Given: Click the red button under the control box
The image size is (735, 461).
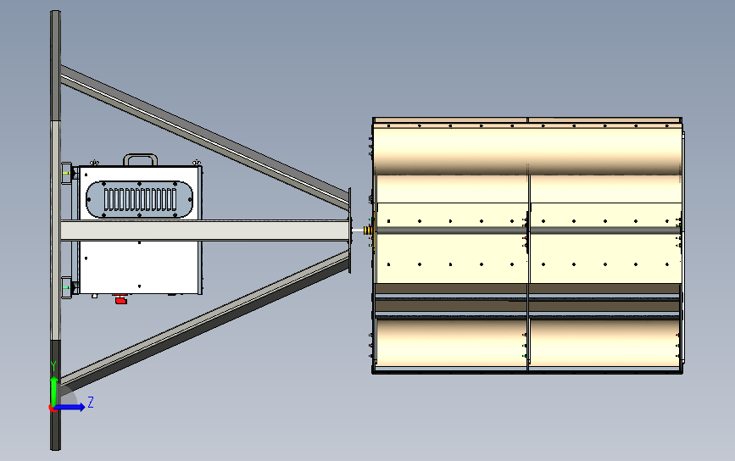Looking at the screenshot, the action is (120, 299).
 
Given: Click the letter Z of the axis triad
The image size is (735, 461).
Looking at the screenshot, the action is (91, 403).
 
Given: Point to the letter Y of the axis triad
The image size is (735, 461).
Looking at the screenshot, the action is (53, 365).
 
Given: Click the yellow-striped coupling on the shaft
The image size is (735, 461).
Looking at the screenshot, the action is (368, 230).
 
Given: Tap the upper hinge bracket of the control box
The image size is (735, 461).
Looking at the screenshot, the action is (66, 173).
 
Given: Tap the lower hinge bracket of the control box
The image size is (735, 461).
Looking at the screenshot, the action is (66, 288).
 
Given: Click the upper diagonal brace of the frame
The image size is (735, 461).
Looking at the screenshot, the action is (203, 136).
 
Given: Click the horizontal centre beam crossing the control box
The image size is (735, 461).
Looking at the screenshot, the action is (203, 229).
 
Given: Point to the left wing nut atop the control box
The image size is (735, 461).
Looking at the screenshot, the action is (96, 162).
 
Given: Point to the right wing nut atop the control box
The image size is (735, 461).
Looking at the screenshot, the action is (197, 162).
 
